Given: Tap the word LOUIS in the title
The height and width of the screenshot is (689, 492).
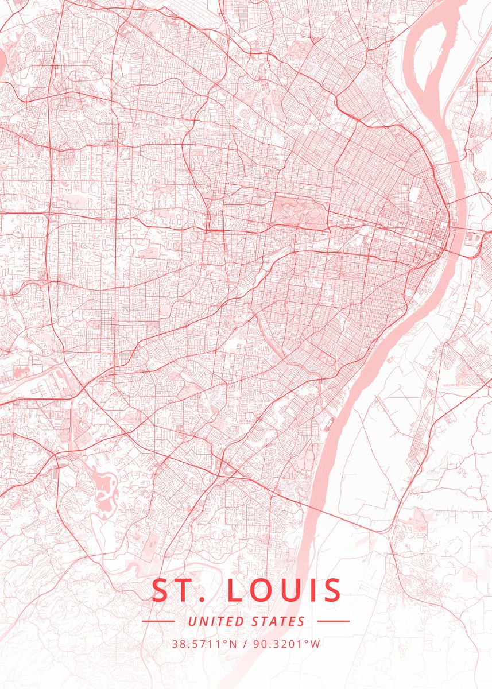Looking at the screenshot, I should [x=285, y=591].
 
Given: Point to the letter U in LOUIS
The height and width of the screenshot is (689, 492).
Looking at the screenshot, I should [x=292, y=591].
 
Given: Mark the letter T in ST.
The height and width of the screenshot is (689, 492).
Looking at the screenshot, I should [x=184, y=591].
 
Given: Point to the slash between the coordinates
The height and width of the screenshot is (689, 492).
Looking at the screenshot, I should [x=246, y=644].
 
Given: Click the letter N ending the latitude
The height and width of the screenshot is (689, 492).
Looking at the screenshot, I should [x=235, y=644].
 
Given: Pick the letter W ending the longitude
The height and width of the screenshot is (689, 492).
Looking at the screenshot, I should [x=316, y=644].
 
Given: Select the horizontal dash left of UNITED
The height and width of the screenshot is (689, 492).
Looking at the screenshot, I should [x=158, y=621].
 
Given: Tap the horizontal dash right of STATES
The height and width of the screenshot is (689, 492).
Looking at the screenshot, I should [x=333, y=621].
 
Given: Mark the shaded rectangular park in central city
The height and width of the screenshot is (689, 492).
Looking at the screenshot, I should [x=299, y=210].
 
